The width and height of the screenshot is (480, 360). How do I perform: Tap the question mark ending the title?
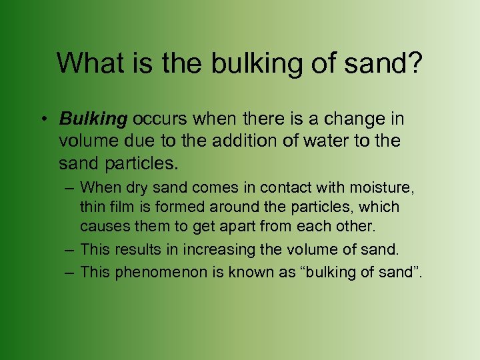(415, 63)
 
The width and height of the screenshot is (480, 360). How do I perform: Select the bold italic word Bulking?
(93, 119)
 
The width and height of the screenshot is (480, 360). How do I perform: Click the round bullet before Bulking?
(42, 120)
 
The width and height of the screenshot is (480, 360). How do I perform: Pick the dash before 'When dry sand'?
(69, 188)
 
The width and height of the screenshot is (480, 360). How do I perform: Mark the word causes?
(101, 227)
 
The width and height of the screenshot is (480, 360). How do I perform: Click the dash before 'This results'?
(69, 250)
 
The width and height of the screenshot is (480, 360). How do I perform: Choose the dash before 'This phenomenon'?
(69, 273)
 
